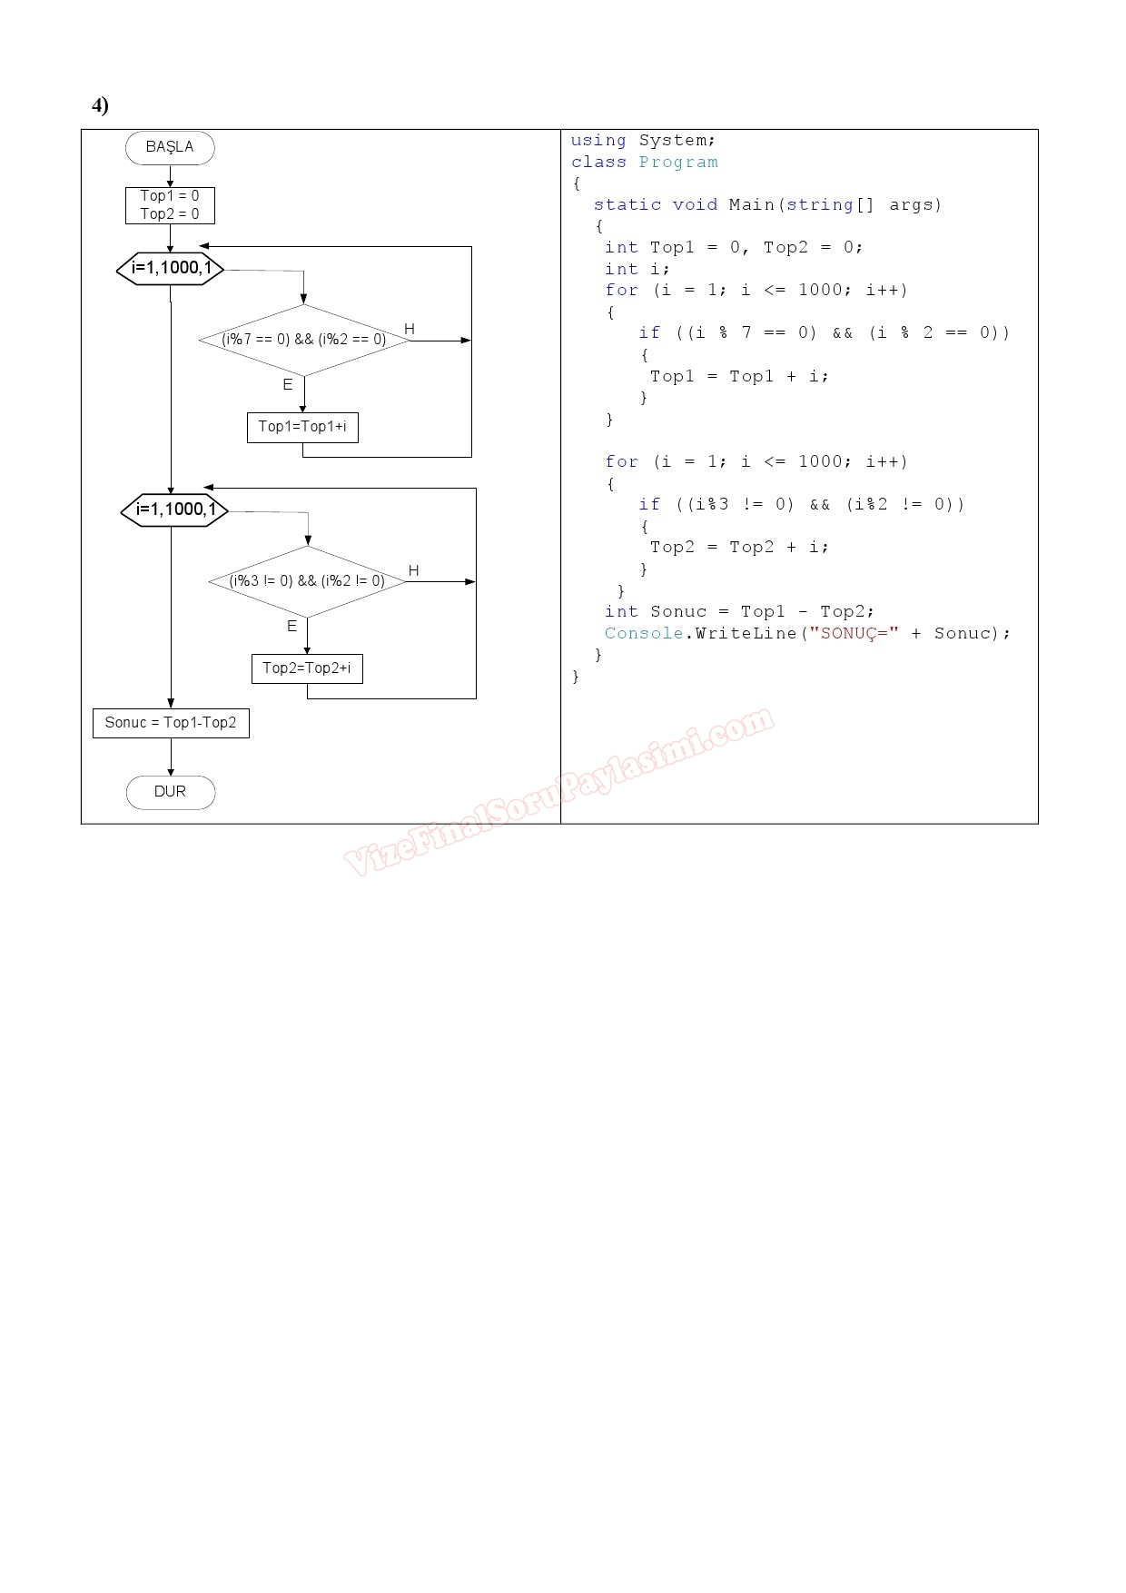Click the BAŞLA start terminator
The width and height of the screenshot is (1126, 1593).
(x=170, y=147)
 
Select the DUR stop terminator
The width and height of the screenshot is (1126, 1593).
(x=171, y=792)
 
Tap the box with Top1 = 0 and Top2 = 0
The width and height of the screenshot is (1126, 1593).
(x=170, y=205)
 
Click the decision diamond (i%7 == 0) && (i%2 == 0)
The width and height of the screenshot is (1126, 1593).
(x=304, y=340)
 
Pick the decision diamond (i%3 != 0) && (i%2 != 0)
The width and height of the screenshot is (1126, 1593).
(x=308, y=581)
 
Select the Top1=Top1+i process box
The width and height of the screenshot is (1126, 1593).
(x=302, y=427)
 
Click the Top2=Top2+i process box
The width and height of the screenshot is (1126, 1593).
(x=307, y=668)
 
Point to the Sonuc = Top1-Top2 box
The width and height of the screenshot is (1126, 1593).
(x=171, y=723)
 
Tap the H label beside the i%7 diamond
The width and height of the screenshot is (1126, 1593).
(x=410, y=329)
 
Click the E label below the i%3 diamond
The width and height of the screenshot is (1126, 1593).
(x=291, y=627)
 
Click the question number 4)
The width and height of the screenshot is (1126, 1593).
(x=100, y=105)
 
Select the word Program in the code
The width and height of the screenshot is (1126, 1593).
(x=678, y=163)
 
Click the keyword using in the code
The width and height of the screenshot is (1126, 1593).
(x=598, y=141)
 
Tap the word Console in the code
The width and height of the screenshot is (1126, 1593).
(x=644, y=633)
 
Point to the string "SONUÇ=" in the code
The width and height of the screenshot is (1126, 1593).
(x=854, y=633)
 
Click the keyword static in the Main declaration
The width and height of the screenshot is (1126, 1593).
(x=627, y=205)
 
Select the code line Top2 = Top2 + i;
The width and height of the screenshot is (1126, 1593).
(x=739, y=547)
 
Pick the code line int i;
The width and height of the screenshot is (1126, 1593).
(x=637, y=269)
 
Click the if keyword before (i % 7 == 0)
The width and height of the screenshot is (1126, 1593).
(x=649, y=332)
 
